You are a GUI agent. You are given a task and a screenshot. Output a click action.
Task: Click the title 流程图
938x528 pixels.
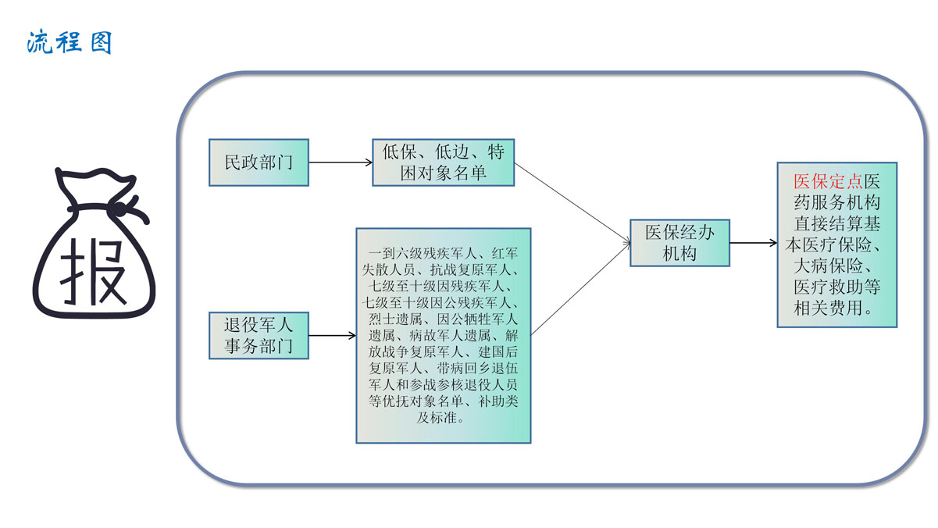[x=69, y=41]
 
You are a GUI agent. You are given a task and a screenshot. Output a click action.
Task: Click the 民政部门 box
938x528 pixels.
[x=259, y=162]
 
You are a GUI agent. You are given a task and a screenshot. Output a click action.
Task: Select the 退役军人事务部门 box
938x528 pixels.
[x=259, y=335]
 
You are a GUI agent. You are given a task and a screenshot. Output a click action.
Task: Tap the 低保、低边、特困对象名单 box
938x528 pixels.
[x=443, y=162]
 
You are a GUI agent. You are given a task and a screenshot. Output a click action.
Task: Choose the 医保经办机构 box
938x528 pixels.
[x=679, y=242]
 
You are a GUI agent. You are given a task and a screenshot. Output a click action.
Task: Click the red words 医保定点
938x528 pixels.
[x=828, y=181]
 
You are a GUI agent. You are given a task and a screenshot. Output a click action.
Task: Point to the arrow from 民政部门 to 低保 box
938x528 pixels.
[x=341, y=163]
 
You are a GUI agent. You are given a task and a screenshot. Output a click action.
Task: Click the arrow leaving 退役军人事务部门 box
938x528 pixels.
[x=333, y=337]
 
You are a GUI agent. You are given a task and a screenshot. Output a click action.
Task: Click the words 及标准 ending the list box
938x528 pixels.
[x=443, y=417]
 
